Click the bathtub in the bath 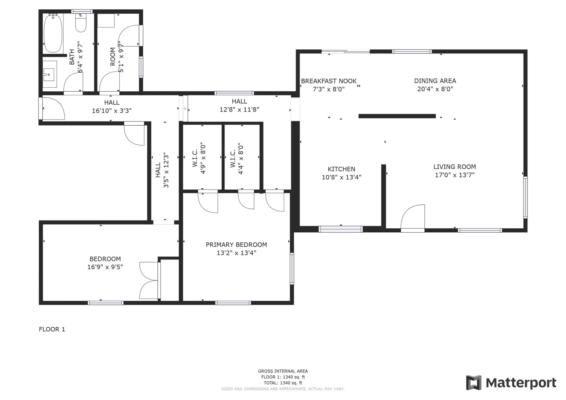click(x=53, y=33)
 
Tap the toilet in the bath click(x=81, y=24)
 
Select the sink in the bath click(x=49, y=74)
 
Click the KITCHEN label click(x=341, y=169)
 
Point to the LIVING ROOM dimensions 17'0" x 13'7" click(x=454, y=175)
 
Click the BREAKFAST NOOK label click(x=329, y=81)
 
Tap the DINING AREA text click(x=435, y=81)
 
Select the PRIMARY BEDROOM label click(x=236, y=245)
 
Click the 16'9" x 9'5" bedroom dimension click(x=105, y=267)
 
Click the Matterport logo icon click(x=473, y=383)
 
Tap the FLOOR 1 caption click(x=52, y=329)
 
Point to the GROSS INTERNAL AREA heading click(x=283, y=371)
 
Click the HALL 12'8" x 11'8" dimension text click(x=239, y=109)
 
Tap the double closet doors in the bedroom click(x=149, y=281)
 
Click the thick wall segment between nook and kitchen click(x=397, y=116)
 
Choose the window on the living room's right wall click(x=525, y=197)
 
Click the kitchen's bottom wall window click(x=340, y=229)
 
